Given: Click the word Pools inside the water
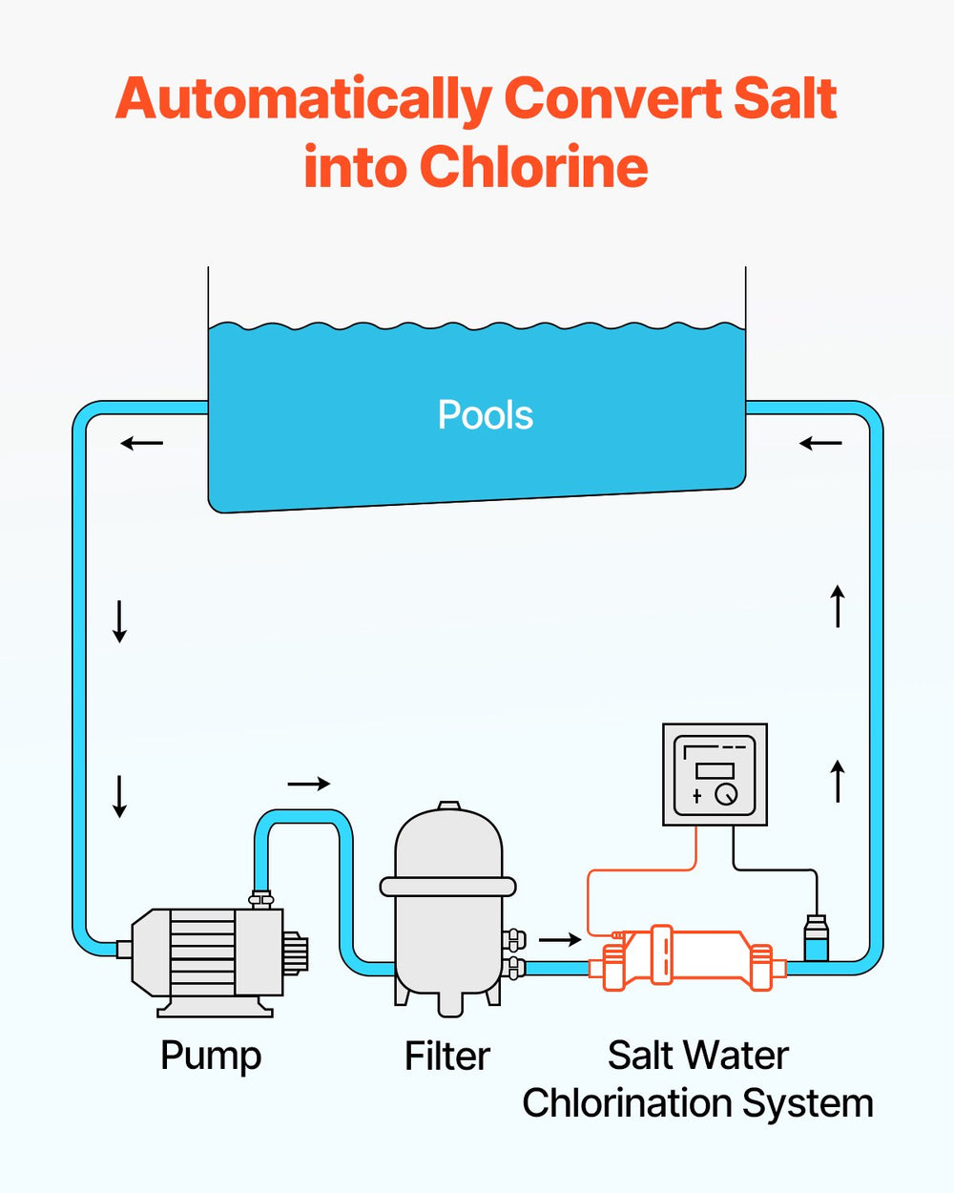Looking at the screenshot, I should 485,415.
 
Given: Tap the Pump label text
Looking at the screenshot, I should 211,1056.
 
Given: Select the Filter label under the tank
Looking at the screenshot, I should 446,1056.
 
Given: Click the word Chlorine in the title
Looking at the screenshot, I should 533,167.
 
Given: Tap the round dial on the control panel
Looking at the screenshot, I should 726,793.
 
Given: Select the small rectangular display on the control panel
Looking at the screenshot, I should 715,770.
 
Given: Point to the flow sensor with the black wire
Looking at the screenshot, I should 816,937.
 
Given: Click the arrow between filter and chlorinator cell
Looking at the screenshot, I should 560,940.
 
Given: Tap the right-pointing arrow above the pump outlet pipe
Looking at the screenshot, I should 308,784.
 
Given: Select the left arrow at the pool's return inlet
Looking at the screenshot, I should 820,443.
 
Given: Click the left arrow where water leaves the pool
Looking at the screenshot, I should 142,443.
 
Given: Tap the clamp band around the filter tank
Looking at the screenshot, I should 447,887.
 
